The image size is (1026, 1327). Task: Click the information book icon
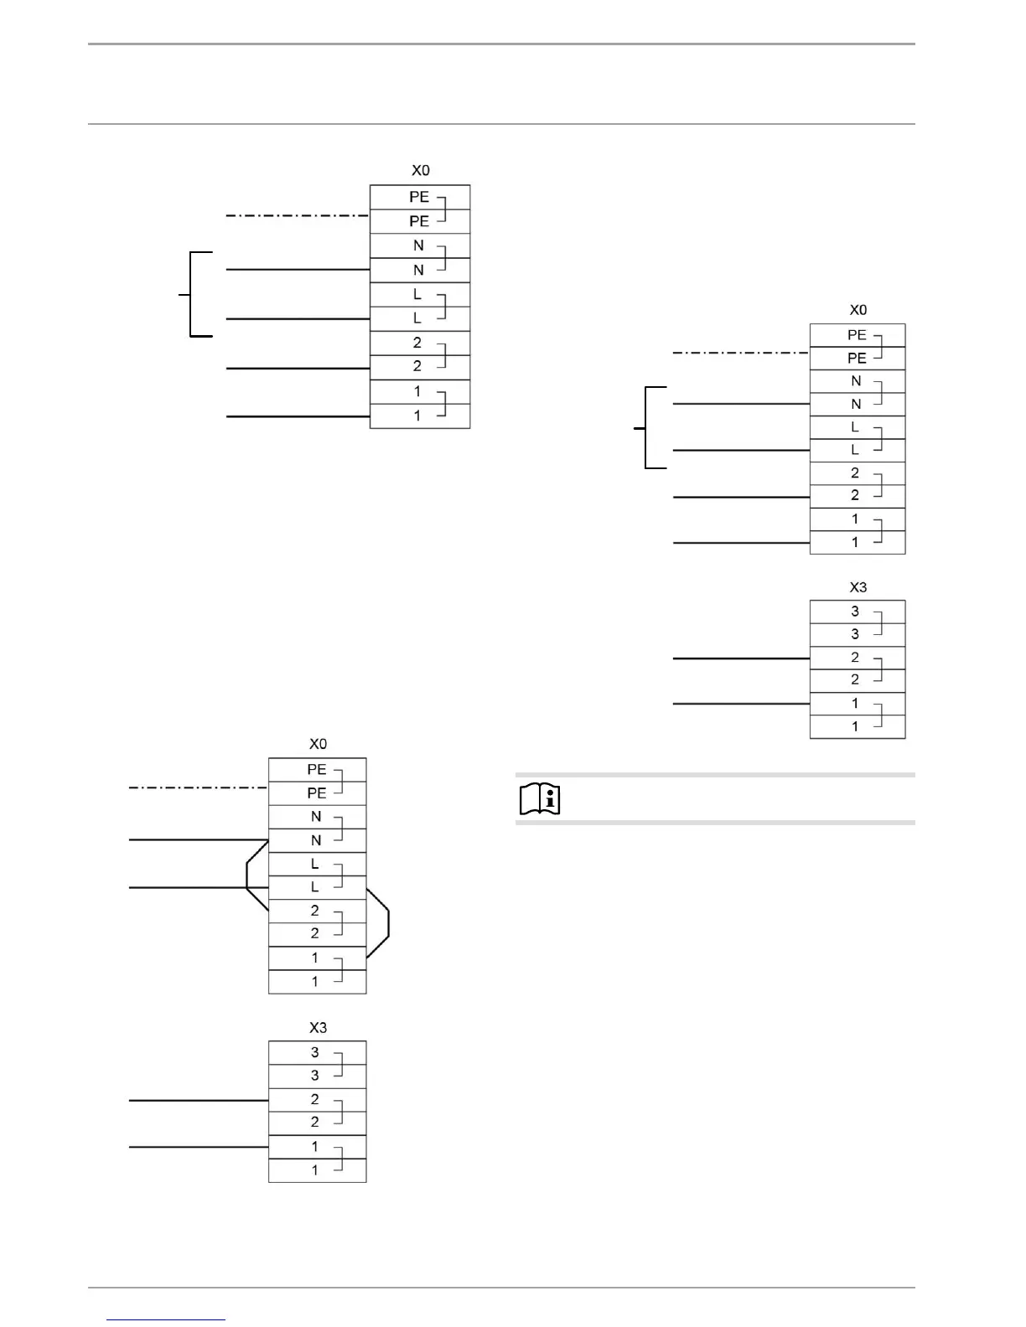click(540, 799)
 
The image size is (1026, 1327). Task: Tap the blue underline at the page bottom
click(166, 1319)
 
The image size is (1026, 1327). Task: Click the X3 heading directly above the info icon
click(858, 587)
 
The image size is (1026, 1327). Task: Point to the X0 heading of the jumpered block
click(318, 744)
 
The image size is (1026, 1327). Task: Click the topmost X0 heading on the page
click(420, 170)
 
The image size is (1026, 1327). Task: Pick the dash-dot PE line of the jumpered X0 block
click(198, 787)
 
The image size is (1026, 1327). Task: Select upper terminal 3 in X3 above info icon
click(857, 612)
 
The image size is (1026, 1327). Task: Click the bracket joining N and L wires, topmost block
click(192, 294)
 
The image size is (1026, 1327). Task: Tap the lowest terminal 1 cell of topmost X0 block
click(419, 416)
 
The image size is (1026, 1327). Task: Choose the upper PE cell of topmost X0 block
click(419, 197)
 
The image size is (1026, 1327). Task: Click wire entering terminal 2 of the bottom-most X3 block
click(198, 1100)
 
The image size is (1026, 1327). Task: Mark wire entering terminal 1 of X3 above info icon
click(741, 705)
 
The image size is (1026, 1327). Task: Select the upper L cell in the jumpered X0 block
click(317, 864)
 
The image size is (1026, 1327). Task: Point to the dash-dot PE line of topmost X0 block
click(298, 216)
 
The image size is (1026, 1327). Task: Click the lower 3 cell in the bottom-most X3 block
click(317, 1076)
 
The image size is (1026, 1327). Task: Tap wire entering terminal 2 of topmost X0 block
click(298, 368)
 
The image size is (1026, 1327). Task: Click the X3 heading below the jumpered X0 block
click(318, 1028)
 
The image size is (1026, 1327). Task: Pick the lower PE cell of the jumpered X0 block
click(317, 793)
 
